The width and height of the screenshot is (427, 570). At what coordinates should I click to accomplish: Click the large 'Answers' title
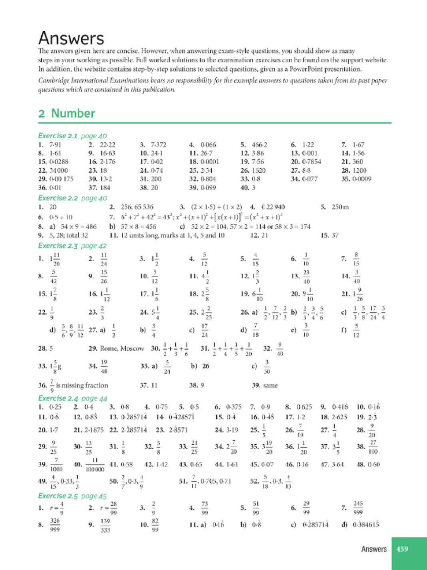71,39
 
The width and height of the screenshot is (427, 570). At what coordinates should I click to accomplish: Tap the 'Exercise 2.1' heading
59,136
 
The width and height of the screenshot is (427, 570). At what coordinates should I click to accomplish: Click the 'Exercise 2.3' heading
59,245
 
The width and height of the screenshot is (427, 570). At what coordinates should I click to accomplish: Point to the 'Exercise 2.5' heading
59,496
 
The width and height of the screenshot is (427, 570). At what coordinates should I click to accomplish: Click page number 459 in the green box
402,549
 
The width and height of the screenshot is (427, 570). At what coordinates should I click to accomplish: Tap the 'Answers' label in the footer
374,549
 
